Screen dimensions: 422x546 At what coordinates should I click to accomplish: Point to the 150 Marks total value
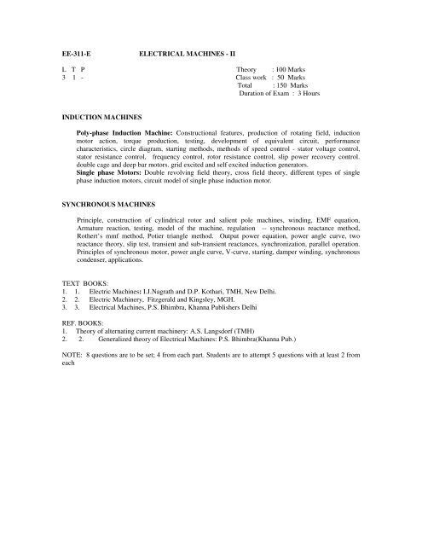(290, 86)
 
